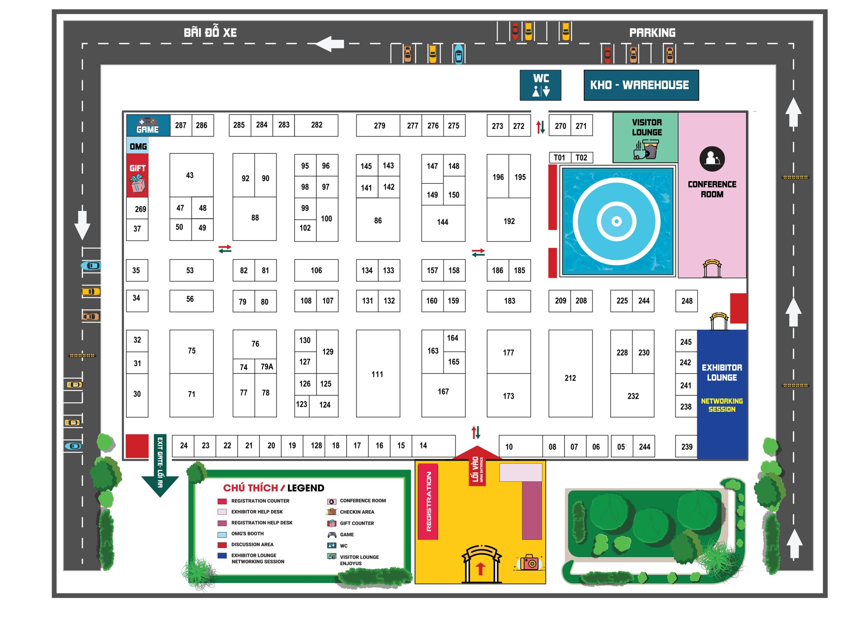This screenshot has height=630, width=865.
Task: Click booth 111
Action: tap(377, 374)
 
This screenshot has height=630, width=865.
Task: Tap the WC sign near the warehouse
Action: tap(540, 85)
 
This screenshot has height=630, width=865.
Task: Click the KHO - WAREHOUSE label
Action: tap(641, 85)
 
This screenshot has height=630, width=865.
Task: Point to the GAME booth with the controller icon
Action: tap(148, 125)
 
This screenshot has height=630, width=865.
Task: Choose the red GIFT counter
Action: tap(137, 175)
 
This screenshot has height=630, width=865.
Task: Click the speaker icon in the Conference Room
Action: tap(712, 159)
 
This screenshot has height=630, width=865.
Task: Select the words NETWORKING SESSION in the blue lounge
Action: tap(722, 405)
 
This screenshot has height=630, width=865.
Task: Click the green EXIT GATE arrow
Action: tap(160, 465)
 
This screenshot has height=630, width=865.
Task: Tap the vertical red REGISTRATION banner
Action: tap(428, 501)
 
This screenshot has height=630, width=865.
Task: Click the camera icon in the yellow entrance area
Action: tap(529, 562)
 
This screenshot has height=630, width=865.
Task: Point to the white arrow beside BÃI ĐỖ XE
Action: tap(329, 44)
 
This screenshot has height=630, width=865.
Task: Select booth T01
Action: tap(559, 157)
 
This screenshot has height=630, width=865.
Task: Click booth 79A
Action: tap(267, 367)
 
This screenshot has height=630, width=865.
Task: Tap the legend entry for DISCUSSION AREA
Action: tap(252, 545)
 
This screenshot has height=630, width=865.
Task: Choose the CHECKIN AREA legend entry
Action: tap(356, 512)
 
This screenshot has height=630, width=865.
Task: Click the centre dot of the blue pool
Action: tap(616, 221)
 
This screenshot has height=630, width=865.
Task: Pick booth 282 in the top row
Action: tap(316, 125)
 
